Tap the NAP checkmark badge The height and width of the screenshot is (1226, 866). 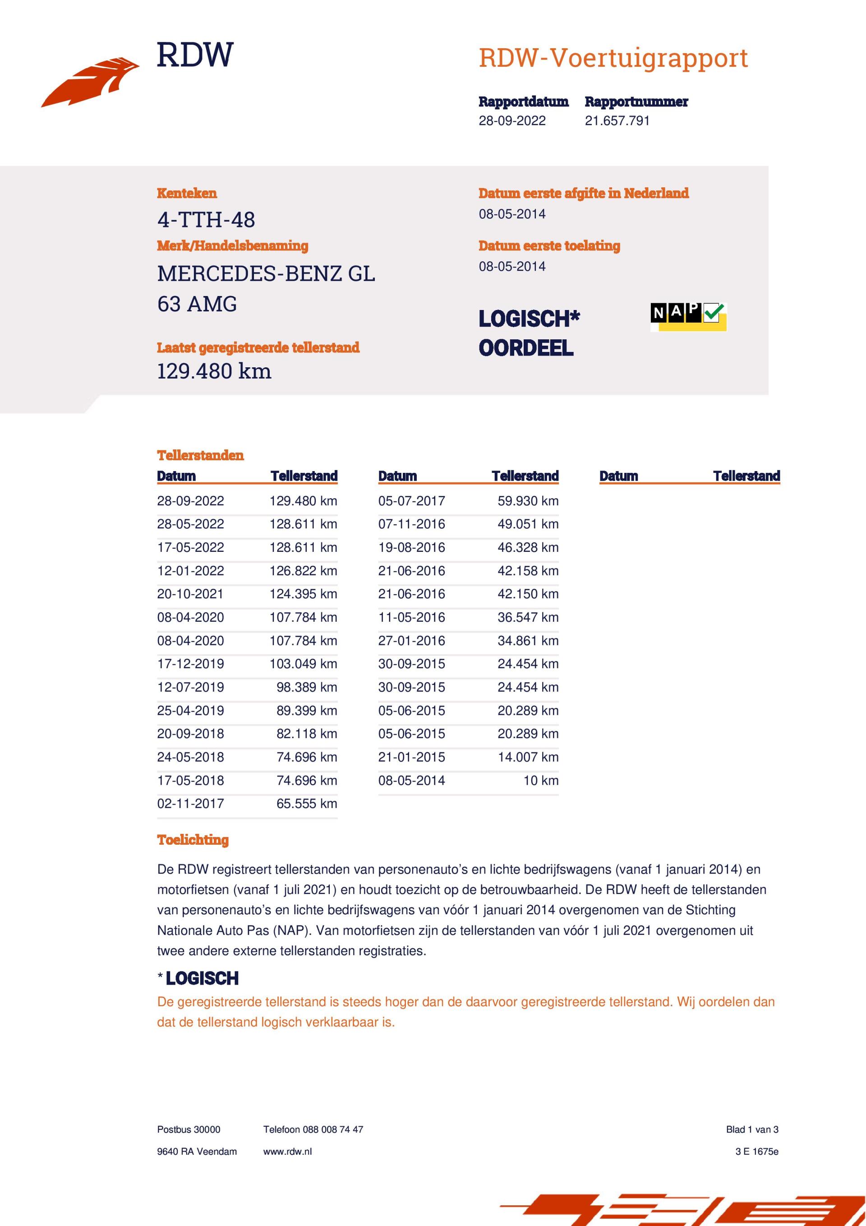(x=688, y=317)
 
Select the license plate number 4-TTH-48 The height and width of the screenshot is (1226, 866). (x=206, y=219)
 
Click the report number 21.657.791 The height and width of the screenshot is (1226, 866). (x=617, y=120)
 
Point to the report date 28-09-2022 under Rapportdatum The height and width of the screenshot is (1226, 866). (x=512, y=120)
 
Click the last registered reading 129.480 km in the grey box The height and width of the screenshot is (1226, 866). (x=214, y=371)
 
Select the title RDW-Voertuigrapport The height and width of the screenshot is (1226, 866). (x=613, y=58)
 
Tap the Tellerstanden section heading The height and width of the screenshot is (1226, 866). (x=200, y=455)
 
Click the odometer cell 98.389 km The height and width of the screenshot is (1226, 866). (x=306, y=687)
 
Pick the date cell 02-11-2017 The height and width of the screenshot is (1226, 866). (x=191, y=804)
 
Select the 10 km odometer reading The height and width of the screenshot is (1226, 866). (x=540, y=780)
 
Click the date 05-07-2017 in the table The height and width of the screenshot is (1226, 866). (x=412, y=501)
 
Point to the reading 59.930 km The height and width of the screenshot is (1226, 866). (x=528, y=501)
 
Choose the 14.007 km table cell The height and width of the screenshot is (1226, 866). (x=528, y=757)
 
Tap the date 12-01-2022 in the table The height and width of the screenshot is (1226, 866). (x=191, y=571)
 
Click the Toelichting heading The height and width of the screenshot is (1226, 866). (x=193, y=840)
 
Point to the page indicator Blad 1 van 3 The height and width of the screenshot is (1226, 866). (x=752, y=1129)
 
